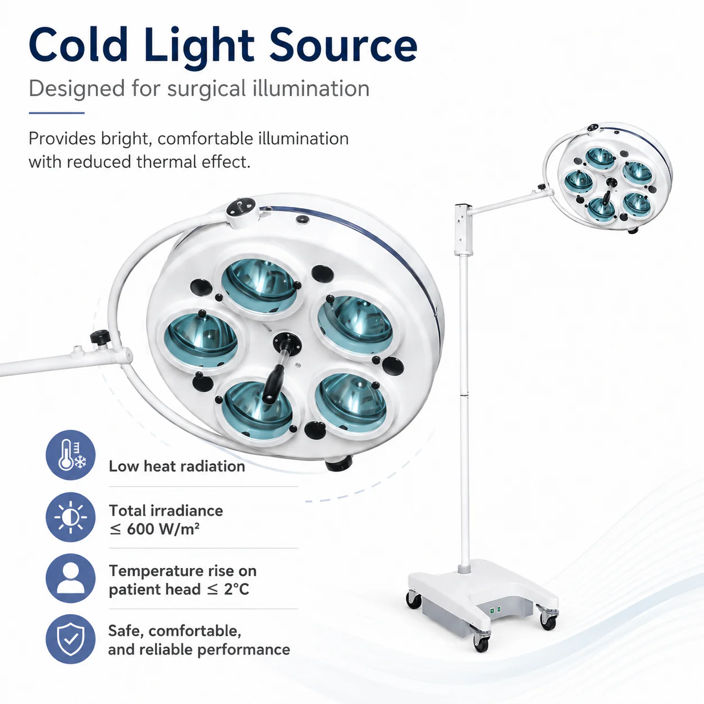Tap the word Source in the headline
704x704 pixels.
pyautogui.click(x=343, y=45)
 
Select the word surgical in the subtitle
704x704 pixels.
pyautogui.click(x=207, y=89)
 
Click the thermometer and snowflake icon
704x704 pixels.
pyautogui.click(x=71, y=455)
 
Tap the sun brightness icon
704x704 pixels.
pyautogui.click(x=71, y=517)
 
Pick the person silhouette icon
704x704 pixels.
pyautogui.click(x=71, y=578)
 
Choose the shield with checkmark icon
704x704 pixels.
pyautogui.click(x=71, y=639)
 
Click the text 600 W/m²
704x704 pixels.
pyautogui.click(x=163, y=529)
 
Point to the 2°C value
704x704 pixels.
pyautogui.click(x=236, y=589)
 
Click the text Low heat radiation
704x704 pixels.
pyautogui.click(x=177, y=466)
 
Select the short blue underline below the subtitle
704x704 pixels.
pyautogui.click(x=57, y=113)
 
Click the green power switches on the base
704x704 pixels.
pyautogui.click(x=495, y=610)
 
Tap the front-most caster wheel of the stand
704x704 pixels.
pyautogui.click(x=481, y=644)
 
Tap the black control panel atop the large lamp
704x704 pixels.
pyautogui.click(x=240, y=208)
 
